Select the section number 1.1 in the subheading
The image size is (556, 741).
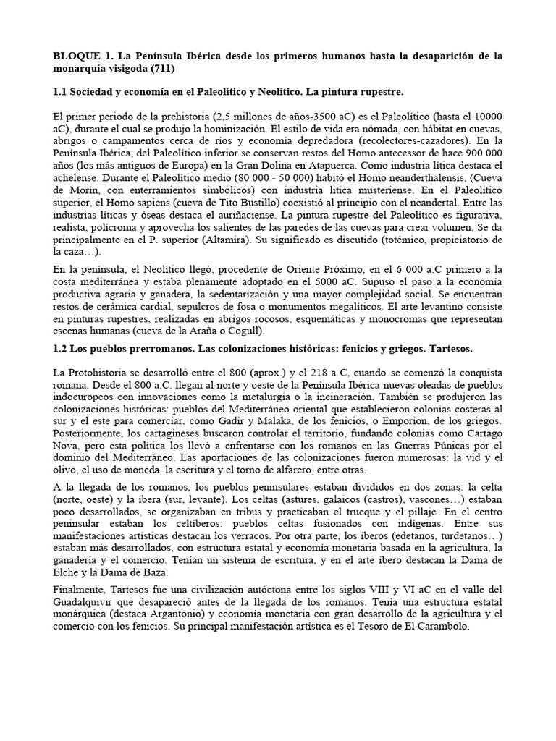pos(63,93)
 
